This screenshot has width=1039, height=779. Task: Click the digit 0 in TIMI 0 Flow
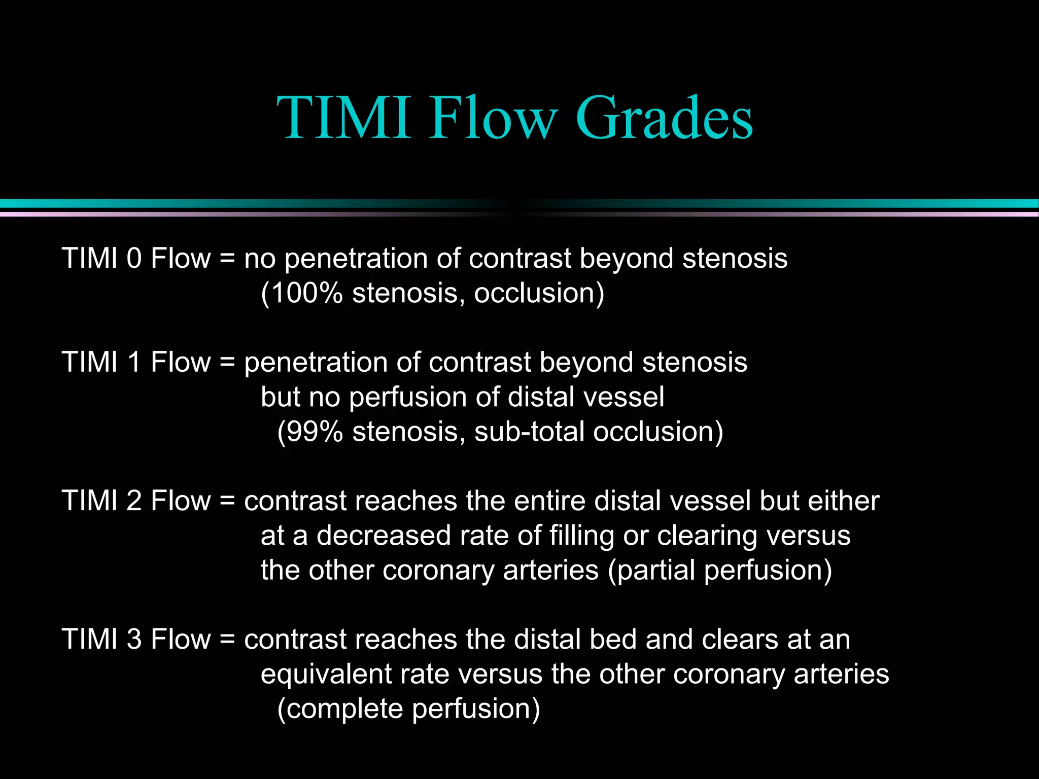(x=134, y=258)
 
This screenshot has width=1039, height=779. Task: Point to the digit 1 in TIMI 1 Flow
(x=134, y=362)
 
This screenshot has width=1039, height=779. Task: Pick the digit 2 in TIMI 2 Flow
(x=134, y=501)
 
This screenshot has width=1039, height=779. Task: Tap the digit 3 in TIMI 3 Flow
(x=134, y=639)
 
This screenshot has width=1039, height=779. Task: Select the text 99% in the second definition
(x=315, y=432)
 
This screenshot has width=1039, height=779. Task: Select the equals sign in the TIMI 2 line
(x=227, y=501)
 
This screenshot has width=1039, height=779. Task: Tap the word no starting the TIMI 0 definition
(x=260, y=259)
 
